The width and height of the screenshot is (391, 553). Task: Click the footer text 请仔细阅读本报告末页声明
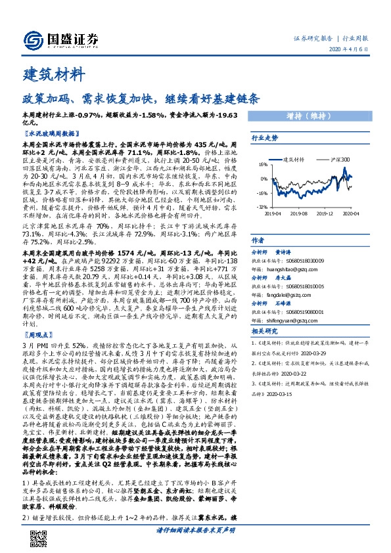pos(195,546)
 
